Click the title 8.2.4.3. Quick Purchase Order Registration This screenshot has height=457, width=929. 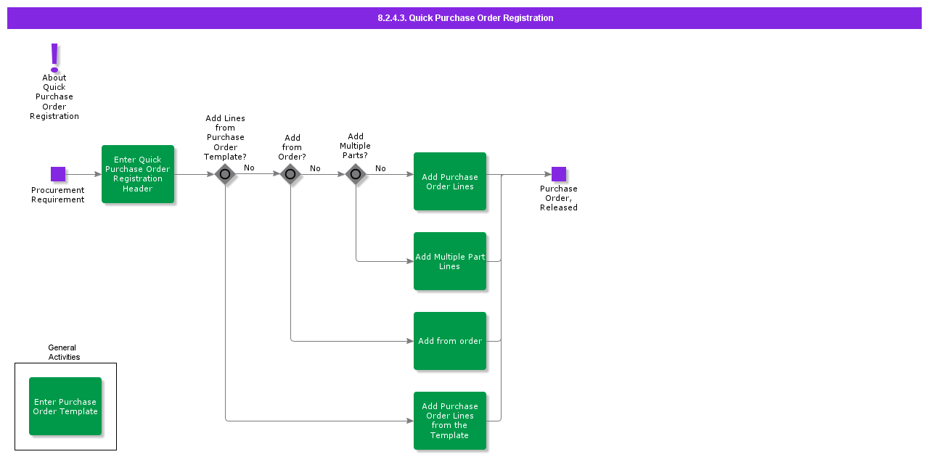465,18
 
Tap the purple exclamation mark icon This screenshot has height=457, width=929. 54,57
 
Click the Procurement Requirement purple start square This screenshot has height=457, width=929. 58,174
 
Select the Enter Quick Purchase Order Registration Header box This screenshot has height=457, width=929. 138,174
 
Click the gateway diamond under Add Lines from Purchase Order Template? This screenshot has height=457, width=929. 225,174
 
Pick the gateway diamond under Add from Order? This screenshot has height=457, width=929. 290,174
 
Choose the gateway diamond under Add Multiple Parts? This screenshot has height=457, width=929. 356,174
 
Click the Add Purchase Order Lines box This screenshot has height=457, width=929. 450,181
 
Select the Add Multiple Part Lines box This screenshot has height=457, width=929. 450,261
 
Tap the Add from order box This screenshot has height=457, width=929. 450,341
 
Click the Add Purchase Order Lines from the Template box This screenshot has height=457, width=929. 450,421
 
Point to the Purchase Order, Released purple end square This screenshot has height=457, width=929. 559,174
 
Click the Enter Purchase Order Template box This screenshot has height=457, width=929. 65,406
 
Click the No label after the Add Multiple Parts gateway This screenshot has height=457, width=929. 380,168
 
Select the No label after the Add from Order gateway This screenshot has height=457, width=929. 315,168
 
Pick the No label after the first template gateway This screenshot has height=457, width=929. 249,168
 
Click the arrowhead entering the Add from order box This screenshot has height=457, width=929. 409,341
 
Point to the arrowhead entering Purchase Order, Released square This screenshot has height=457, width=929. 547,174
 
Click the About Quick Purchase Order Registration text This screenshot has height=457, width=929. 54,96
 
